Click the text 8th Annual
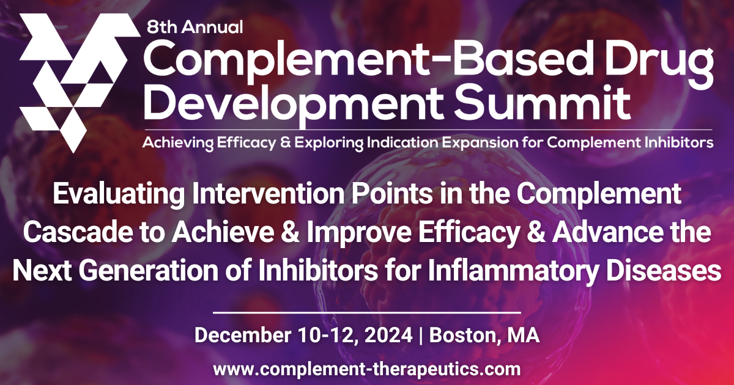click(195, 26)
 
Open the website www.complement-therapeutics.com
click(367, 369)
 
